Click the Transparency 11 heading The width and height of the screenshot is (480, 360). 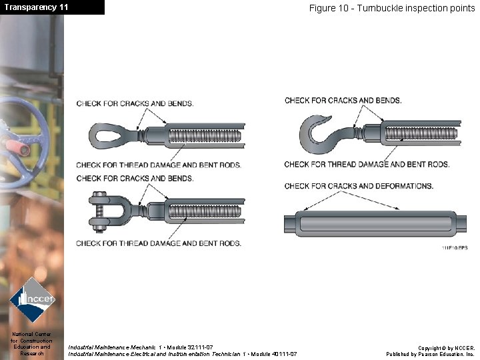coord(36,7)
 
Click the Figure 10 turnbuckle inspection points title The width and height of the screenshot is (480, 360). coord(391,8)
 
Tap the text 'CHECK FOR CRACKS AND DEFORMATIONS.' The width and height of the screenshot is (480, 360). coord(358,186)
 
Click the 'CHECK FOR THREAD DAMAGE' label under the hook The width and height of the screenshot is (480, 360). coord(366,164)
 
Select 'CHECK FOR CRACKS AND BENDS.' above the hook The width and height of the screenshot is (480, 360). coord(343,101)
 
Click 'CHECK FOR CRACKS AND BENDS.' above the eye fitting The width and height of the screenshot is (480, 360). coord(135,104)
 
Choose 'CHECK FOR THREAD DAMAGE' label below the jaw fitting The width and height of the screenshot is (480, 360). coord(159,243)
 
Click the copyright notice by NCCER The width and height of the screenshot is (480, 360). coord(446,348)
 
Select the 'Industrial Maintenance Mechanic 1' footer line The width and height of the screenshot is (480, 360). coord(141,347)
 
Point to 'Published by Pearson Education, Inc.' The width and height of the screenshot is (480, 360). coord(430,354)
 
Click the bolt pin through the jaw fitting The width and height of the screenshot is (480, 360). coord(99,211)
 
